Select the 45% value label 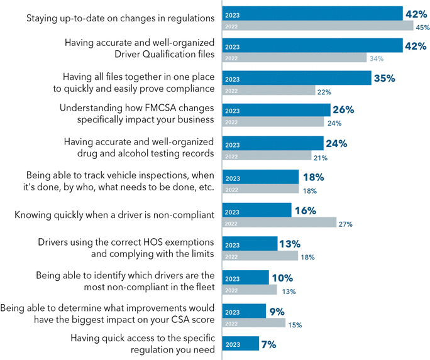(x=422, y=27)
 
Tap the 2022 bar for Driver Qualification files (x=295, y=58)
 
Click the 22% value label (x=324, y=92)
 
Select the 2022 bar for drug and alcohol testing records (x=267, y=155)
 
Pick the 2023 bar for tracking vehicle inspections (x=261, y=178)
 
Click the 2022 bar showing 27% (x=280, y=222)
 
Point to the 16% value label (x=305, y=211)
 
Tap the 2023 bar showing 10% (x=246, y=278)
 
